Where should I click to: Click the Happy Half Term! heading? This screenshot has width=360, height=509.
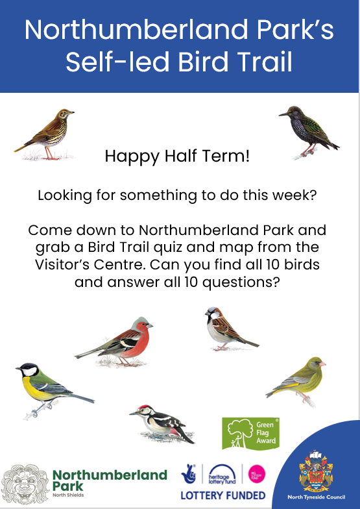[176, 156]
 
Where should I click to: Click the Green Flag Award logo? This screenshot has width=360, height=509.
[250, 432]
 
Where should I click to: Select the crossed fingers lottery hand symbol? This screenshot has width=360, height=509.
[189, 473]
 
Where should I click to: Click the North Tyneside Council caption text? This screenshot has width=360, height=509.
[316, 498]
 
